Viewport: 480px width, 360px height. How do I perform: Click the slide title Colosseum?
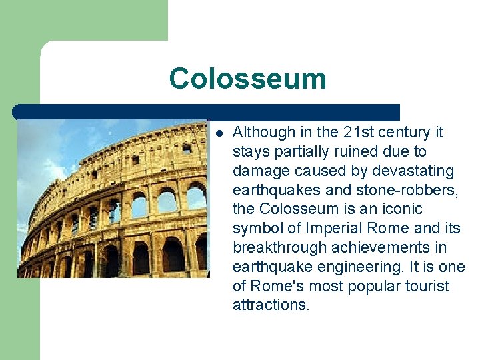click(x=247, y=79)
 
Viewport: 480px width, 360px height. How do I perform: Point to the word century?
click(x=401, y=133)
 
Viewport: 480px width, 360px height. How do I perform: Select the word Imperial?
click(x=339, y=229)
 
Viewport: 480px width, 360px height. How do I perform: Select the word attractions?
click(x=270, y=305)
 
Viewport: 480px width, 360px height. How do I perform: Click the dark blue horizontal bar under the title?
click(x=206, y=111)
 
